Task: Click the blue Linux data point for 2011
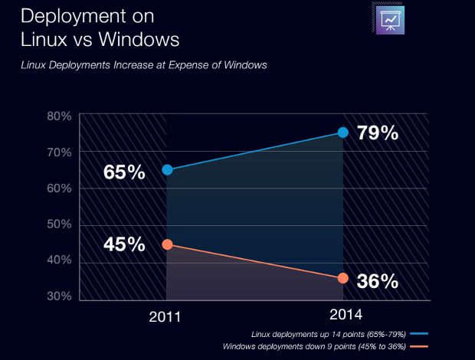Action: click(x=167, y=169)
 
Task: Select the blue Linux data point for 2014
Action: click(x=342, y=133)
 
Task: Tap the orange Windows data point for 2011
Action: click(x=167, y=244)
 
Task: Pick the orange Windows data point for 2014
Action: click(x=342, y=278)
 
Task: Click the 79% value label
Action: click(x=378, y=133)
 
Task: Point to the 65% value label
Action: click(x=124, y=172)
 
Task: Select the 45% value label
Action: click(x=124, y=244)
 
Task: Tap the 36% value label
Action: click(x=378, y=281)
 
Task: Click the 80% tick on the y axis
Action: click(x=59, y=116)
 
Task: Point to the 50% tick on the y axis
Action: click(x=59, y=224)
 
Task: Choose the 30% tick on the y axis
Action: click(x=59, y=296)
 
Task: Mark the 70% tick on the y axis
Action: click(x=59, y=152)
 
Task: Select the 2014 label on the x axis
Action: click(x=346, y=315)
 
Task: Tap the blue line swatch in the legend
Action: click(x=418, y=334)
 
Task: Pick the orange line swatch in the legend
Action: click(x=418, y=347)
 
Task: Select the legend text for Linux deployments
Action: click(x=328, y=334)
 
